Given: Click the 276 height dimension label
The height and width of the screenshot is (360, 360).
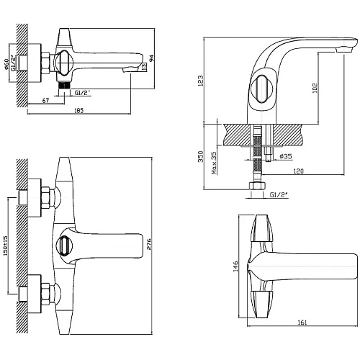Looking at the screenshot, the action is [149, 244].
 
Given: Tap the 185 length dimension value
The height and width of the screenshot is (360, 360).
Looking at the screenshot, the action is [78, 110].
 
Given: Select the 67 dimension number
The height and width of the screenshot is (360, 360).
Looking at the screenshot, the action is [45, 101].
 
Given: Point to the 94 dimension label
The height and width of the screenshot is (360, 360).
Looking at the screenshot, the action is [152, 58].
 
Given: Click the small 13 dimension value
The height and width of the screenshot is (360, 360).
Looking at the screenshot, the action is [144, 67].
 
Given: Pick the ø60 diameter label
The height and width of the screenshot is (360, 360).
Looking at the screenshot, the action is [6, 65].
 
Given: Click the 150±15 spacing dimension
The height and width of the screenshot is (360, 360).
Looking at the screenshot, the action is [6, 246].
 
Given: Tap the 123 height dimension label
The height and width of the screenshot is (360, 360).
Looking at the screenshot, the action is [200, 81].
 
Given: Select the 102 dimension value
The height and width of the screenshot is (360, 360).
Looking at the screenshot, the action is [315, 88].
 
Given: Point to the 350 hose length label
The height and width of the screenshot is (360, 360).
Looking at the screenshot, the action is [200, 156].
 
